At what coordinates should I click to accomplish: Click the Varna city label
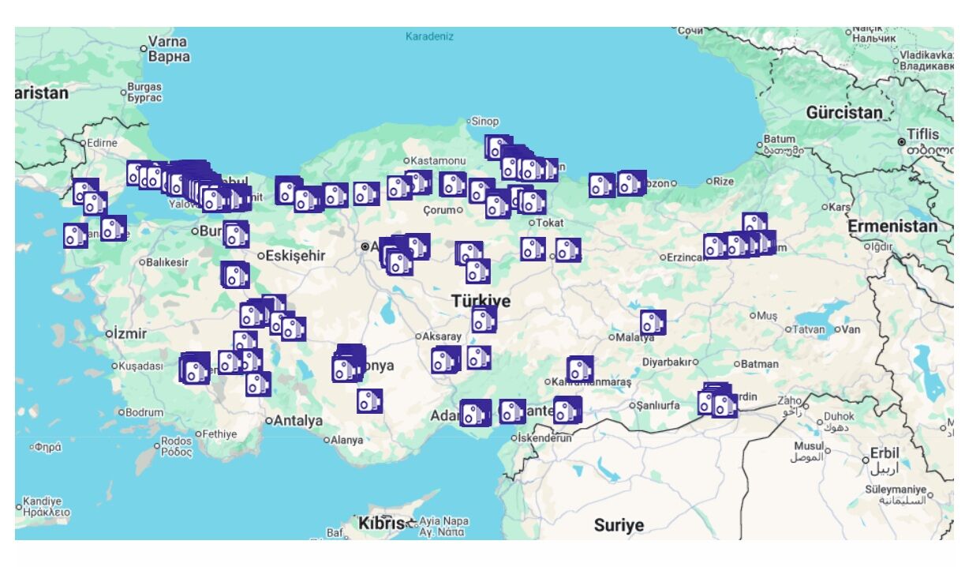tap(168, 42)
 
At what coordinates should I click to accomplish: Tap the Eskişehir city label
tap(295, 255)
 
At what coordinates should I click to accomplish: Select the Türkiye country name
tap(481, 301)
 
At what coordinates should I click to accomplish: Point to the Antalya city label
tap(298, 420)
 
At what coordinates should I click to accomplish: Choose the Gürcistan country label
tap(843, 112)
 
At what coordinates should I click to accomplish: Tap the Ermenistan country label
tap(892, 227)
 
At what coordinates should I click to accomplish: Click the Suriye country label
tap(619, 524)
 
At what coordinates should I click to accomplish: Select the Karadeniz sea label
tap(429, 36)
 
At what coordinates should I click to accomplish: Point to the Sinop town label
tap(485, 122)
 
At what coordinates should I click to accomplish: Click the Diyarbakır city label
tap(668, 362)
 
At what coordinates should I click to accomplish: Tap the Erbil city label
tap(885, 453)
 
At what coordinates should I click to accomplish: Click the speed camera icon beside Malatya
tap(653, 322)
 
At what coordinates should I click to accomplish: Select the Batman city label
tap(759, 364)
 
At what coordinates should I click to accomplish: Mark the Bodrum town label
tap(144, 412)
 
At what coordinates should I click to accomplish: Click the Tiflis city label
tap(922, 133)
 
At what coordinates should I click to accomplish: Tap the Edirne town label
tap(103, 143)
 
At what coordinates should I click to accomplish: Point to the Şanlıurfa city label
tap(658, 405)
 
